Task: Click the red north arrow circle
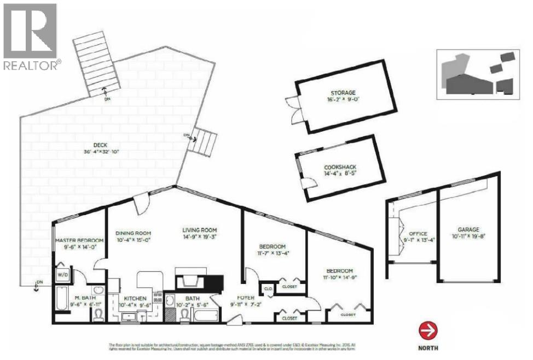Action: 428,331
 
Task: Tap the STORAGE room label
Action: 343,92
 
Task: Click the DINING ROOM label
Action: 134,233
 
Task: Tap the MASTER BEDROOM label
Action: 79,241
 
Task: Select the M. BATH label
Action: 85,298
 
